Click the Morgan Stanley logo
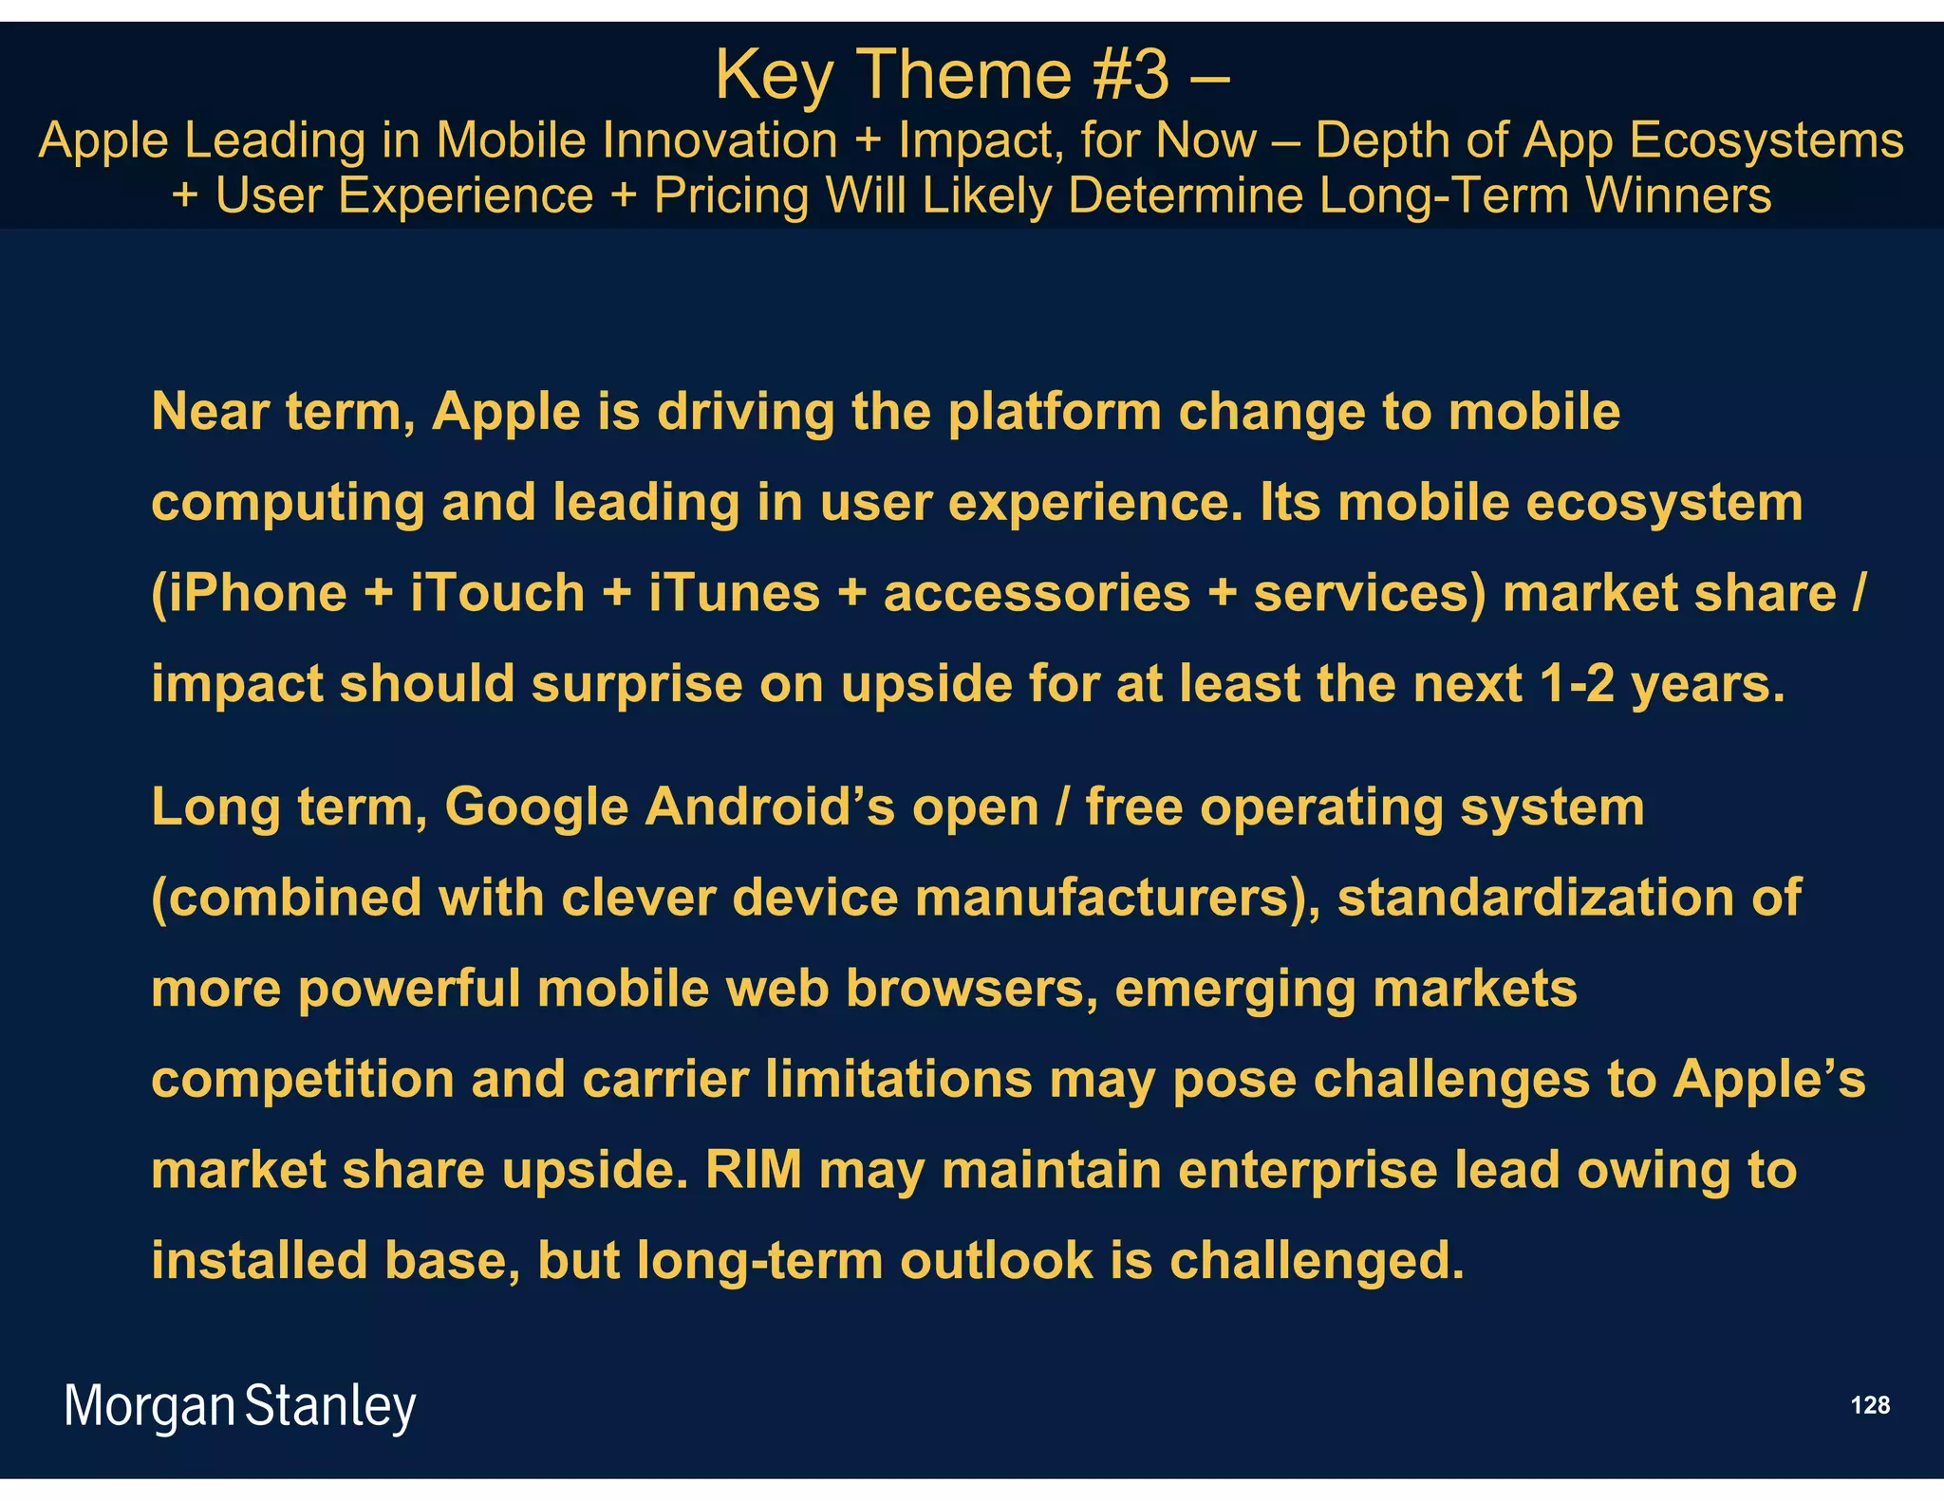pyautogui.click(x=239, y=1407)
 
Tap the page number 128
pyautogui.click(x=1870, y=1405)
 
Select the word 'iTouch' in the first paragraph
pyautogui.click(x=497, y=594)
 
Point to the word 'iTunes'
pyautogui.click(x=735, y=594)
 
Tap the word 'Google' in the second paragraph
pyautogui.click(x=536, y=808)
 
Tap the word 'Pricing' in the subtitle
pyautogui.click(x=732, y=196)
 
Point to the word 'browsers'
pyautogui.click(x=964, y=989)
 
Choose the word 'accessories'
pyautogui.click(x=1037, y=594)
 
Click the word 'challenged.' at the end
pyautogui.click(x=1318, y=1261)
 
